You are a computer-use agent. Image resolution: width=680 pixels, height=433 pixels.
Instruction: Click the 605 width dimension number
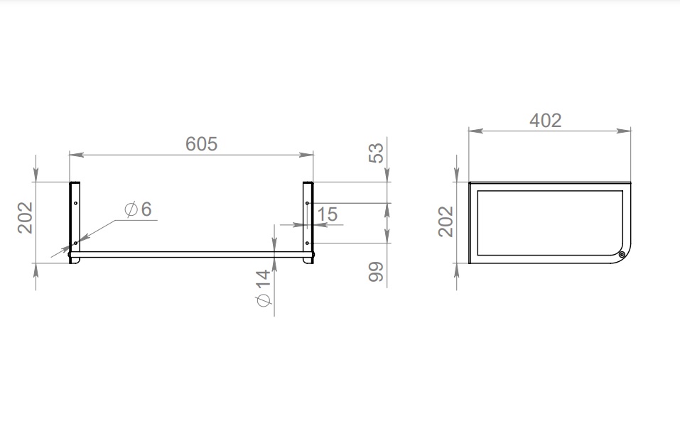201,144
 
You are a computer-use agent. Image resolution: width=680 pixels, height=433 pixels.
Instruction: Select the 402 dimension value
546,120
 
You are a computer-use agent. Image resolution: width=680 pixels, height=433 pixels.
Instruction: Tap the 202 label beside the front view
25,218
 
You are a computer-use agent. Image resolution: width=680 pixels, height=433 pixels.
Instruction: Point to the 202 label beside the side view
446,221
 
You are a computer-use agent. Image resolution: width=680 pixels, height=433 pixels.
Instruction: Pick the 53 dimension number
376,153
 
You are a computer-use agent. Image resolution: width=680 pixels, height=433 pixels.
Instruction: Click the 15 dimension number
327,214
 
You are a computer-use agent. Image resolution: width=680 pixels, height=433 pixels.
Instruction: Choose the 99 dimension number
376,272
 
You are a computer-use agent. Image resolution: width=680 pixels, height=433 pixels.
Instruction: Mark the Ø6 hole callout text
138,209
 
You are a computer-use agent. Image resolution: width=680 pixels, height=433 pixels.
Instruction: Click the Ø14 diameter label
263,288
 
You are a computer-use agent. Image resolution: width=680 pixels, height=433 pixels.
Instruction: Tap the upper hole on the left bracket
75,203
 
